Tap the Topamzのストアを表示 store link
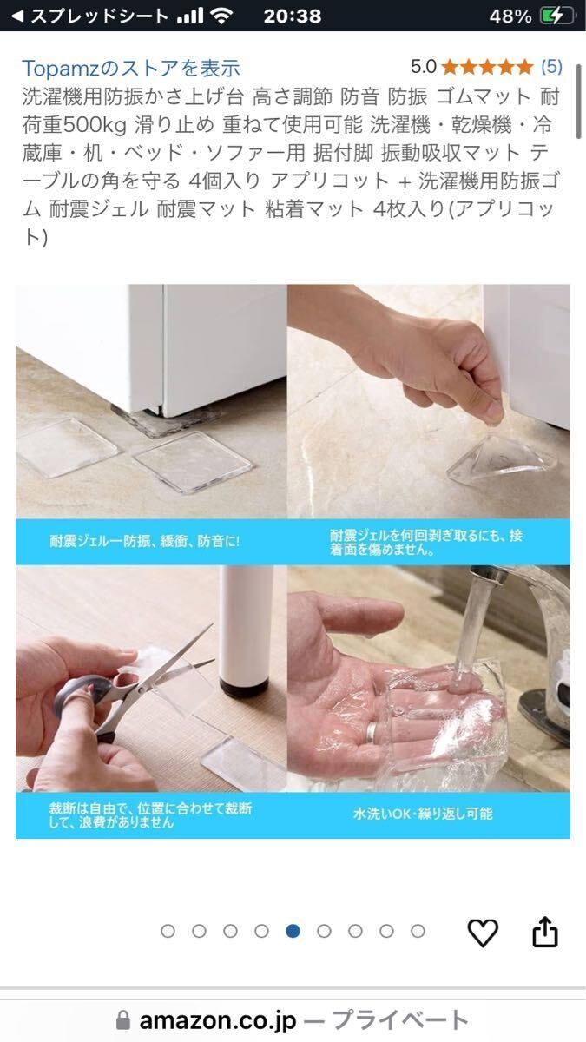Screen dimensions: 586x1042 click(131, 69)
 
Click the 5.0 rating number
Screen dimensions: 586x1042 click(424, 67)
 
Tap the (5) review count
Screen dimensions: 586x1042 click(551, 67)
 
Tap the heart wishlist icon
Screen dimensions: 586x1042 click(483, 932)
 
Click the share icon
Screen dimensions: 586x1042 click(544, 931)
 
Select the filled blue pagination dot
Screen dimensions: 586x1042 click(293, 931)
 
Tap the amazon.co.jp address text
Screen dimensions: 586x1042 click(218, 1020)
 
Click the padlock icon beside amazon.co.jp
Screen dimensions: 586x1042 click(122, 1020)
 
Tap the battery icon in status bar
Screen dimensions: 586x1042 click(556, 16)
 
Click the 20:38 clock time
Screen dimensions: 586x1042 click(292, 16)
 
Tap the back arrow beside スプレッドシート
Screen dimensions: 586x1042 click(17, 16)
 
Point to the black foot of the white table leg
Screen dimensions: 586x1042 click(244, 686)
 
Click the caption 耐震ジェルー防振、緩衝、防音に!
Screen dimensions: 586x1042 click(145, 541)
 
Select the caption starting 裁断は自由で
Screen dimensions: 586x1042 click(150, 815)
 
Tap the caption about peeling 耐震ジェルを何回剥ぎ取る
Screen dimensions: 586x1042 click(426, 542)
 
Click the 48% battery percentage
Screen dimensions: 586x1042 click(510, 16)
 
